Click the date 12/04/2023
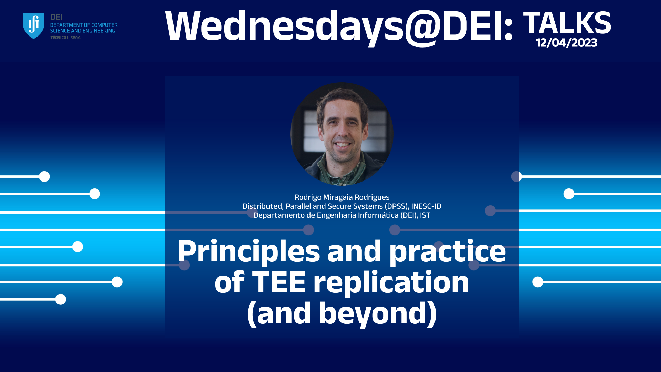point(566,43)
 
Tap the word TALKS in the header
point(567,23)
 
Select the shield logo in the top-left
point(33,26)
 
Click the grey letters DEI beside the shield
point(56,17)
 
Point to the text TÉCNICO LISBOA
point(65,38)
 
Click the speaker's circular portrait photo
point(342,134)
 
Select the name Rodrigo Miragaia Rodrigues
point(342,197)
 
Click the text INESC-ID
point(426,206)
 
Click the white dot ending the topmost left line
point(44,176)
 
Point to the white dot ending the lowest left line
point(61,299)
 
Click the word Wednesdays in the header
point(284,27)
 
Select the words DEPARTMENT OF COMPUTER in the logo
point(84,25)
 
